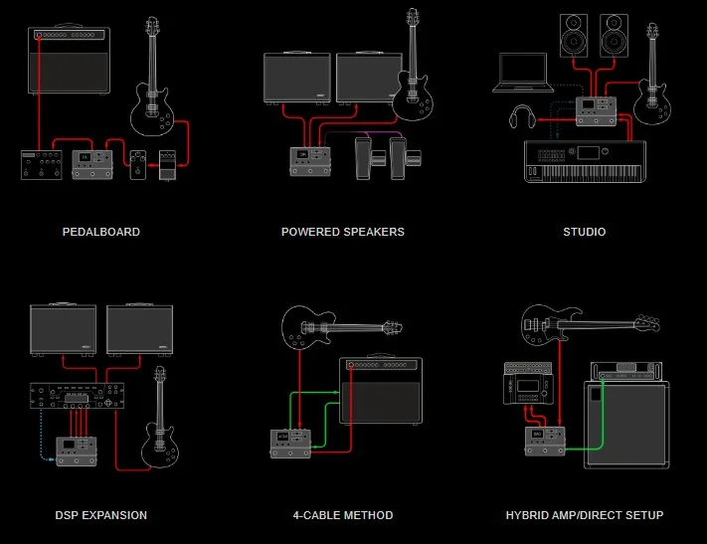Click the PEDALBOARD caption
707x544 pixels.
[100, 232]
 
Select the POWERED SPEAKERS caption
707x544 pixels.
[342, 232]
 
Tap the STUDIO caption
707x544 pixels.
[584, 232]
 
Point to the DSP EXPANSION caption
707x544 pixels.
[100, 515]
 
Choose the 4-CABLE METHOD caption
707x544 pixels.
[342, 515]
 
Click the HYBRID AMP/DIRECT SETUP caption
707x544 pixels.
[584, 515]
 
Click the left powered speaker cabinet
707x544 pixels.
[297, 79]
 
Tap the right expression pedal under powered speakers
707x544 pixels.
[402, 156]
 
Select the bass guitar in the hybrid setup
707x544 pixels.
[577, 322]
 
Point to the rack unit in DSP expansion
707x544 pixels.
[78, 396]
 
